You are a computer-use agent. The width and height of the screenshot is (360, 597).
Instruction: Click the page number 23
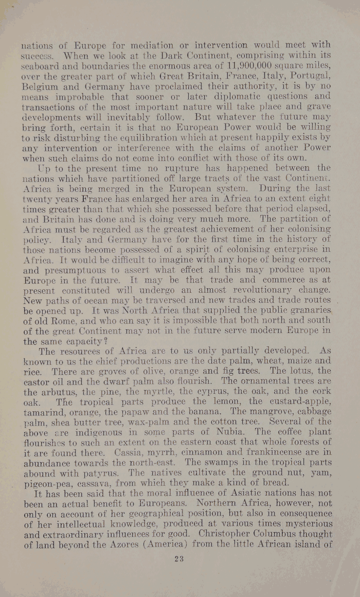click(178, 557)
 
